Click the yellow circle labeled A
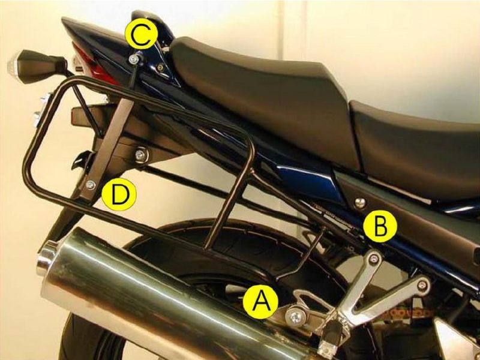(260, 299)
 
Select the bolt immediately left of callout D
(90, 184)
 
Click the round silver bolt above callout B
(360, 202)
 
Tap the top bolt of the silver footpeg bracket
(375, 258)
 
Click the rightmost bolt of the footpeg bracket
(424, 284)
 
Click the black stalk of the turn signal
(51, 62)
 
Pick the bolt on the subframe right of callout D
(140, 155)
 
